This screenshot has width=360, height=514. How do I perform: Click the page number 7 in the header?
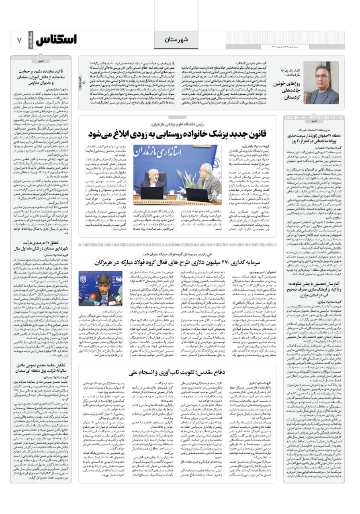pyautogui.click(x=18, y=40)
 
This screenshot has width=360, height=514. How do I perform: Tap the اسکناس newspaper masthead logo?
pyautogui.click(x=56, y=40)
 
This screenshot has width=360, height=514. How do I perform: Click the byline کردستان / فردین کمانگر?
pyautogui.click(x=256, y=64)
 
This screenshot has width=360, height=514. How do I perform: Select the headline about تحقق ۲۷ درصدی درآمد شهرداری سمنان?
pyautogui.click(x=49, y=246)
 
